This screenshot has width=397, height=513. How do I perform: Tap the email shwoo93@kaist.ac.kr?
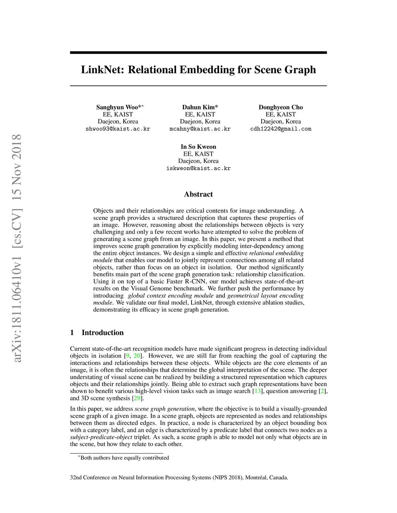[118, 129]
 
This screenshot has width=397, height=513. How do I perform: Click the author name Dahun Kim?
[199, 107]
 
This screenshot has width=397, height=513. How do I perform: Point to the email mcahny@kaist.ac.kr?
[200, 129]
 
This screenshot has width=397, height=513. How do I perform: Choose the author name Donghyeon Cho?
[281, 107]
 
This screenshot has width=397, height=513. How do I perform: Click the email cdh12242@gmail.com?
[281, 129]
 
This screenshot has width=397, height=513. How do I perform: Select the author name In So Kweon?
[198, 147]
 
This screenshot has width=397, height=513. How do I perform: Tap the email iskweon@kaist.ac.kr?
[198, 168]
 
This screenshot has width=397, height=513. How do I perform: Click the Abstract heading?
[198, 194]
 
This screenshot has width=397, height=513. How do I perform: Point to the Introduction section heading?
[102, 333]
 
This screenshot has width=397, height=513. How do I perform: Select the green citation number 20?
[137, 356]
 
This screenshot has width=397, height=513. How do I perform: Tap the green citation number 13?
[257, 391]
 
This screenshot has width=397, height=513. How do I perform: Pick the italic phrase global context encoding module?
[171, 295]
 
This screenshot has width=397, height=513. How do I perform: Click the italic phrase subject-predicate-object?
[101, 437]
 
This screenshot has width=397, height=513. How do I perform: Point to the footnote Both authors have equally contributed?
[124, 458]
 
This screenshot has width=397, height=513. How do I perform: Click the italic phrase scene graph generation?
[164, 409]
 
